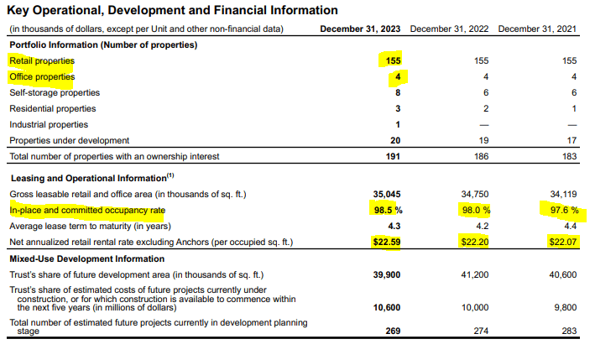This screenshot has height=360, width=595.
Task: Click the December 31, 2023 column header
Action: [x=361, y=29]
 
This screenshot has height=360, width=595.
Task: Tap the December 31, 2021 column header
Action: [x=539, y=29]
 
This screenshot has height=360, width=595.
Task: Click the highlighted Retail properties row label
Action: [x=41, y=60]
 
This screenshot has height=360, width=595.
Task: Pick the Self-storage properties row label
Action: [x=55, y=92]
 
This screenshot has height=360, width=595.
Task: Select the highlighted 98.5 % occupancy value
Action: [x=386, y=210]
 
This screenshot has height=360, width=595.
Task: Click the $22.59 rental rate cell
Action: [x=386, y=242]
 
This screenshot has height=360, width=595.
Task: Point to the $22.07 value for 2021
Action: [x=563, y=242]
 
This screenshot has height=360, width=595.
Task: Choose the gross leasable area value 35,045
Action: [x=386, y=194]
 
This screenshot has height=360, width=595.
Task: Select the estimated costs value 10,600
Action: [x=386, y=307]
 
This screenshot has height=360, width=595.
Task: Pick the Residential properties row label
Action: [x=52, y=108]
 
